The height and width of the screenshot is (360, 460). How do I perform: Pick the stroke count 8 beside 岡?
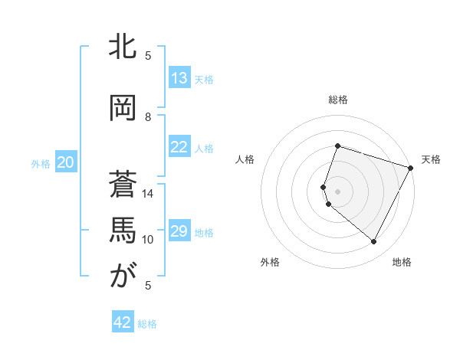pos(149,116)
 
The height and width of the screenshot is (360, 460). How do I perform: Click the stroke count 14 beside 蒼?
pos(147,194)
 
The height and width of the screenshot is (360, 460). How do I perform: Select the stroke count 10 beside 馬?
pos(148,239)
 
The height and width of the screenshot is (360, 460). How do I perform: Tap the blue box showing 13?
pos(179,78)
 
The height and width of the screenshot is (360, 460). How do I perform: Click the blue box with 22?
pos(179,147)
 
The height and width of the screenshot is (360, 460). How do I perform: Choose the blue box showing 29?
pos(179,231)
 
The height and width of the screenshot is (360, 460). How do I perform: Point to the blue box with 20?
pos(66,162)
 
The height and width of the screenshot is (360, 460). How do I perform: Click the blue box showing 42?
pos(123,322)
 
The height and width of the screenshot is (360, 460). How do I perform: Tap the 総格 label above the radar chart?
pos(338,100)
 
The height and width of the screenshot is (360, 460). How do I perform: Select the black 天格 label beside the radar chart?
pos(432,159)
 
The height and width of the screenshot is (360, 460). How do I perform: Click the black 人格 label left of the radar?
pos(245,159)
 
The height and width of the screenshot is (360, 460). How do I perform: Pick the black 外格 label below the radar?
pos(270,263)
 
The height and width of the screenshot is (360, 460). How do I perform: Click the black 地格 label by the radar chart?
pos(402,263)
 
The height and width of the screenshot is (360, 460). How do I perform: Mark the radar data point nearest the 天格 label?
pos(411,168)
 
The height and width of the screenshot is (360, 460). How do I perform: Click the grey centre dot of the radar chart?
pos(338,191)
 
